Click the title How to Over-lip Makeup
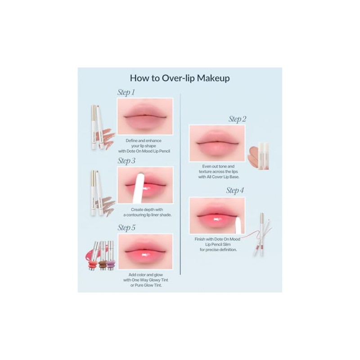[x=180, y=78]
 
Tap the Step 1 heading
[x=126, y=92]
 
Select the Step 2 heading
[x=237, y=119]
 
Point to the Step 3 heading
[x=126, y=161]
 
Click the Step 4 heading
[x=235, y=190]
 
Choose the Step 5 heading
[x=126, y=228]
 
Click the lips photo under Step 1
[x=145, y=116]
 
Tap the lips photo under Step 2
[x=217, y=143]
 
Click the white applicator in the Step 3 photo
[x=139, y=188]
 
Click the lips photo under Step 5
[x=145, y=251]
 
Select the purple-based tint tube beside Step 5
[x=110, y=255]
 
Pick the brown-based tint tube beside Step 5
[x=103, y=255]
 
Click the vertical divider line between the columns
[x=180, y=184]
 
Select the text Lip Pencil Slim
[x=218, y=244]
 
